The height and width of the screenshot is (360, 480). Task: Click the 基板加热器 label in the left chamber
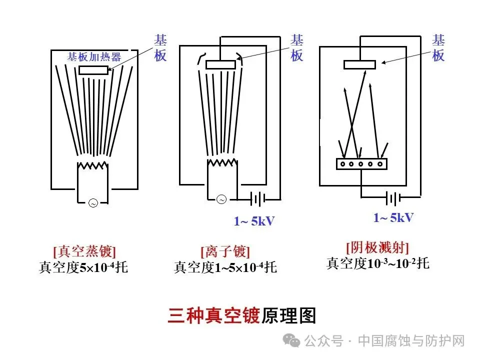coord(94,56)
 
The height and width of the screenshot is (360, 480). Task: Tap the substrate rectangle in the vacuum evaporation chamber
coord(93,70)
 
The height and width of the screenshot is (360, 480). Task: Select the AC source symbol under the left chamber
coord(92,202)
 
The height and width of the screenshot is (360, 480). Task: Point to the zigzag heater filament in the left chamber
coord(92,166)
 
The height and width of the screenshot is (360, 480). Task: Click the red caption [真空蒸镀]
coord(84,251)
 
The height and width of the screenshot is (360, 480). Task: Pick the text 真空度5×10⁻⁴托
coord(83,267)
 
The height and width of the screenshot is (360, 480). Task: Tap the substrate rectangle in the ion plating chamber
coord(220,64)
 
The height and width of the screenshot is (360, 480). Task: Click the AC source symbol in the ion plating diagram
coord(221,199)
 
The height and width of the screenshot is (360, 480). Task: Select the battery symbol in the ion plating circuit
coord(258,199)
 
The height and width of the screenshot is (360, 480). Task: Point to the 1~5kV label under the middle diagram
coord(254,221)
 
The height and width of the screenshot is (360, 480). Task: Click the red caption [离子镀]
coord(225,251)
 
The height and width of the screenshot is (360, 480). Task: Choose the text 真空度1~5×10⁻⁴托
coord(225,267)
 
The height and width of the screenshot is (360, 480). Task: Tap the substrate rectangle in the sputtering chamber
coord(359,64)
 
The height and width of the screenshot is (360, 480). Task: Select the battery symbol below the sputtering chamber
coord(392,199)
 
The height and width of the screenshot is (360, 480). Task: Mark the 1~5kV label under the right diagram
coord(393,217)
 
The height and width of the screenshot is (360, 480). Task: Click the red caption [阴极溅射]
coord(377,247)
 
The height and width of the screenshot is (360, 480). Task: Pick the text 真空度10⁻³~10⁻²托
coord(378,263)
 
